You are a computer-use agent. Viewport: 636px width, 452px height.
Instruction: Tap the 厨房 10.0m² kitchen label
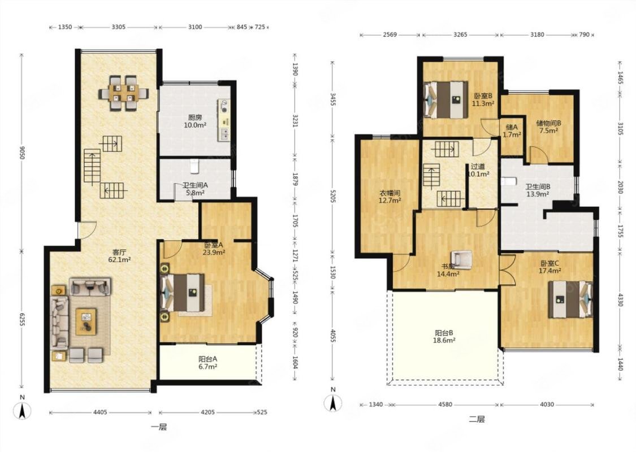[194, 121]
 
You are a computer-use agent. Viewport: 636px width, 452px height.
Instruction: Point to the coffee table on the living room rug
[86, 321]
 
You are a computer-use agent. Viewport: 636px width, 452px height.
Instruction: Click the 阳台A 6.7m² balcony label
[207, 363]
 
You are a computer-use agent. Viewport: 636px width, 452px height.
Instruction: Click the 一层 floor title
[159, 427]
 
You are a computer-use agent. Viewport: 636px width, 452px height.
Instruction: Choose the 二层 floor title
[477, 419]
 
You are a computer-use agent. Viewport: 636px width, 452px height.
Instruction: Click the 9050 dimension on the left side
[22, 152]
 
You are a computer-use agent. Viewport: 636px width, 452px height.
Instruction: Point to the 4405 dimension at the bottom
[100, 412]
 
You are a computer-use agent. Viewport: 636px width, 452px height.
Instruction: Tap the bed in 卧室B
[445, 100]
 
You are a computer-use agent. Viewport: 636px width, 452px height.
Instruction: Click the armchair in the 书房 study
[461, 259]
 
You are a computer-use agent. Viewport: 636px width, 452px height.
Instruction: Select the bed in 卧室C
[570, 299]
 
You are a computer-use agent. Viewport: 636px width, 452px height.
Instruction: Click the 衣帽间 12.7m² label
[390, 197]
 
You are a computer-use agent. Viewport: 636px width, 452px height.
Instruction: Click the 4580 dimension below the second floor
[445, 405]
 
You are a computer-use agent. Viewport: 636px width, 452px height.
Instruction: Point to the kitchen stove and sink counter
[223, 120]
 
